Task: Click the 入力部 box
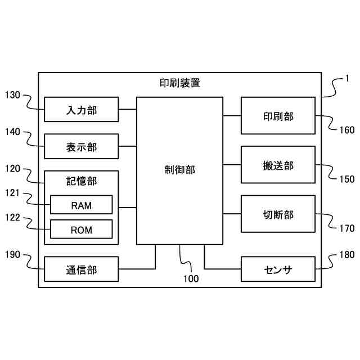click(x=82, y=109)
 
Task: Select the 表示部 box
click(x=82, y=147)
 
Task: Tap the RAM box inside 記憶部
click(x=82, y=205)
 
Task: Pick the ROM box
click(x=82, y=229)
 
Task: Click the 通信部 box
click(x=82, y=269)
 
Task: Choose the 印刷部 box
click(x=278, y=116)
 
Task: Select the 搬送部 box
click(x=278, y=165)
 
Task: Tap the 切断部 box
click(x=278, y=214)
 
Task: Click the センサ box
click(x=278, y=269)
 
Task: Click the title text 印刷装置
click(x=180, y=83)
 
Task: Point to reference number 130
click(x=12, y=95)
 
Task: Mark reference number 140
click(x=12, y=132)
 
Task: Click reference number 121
click(x=12, y=193)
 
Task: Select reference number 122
click(x=12, y=218)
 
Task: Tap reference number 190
click(x=12, y=255)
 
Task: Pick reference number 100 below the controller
click(x=191, y=278)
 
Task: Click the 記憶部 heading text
click(x=82, y=181)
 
